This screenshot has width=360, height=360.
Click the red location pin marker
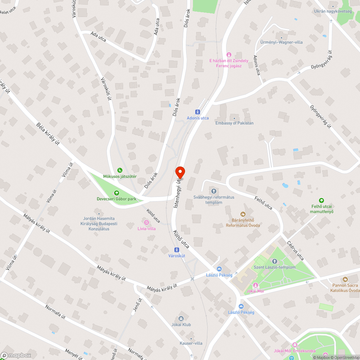(180, 172)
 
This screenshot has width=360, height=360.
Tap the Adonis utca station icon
(198, 112)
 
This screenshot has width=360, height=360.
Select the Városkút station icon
(176, 250)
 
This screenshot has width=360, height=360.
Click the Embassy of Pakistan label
(234, 123)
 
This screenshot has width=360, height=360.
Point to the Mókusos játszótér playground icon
(120, 170)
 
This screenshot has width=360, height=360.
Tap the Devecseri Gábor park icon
(116, 193)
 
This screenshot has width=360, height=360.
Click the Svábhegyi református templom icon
(213, 191)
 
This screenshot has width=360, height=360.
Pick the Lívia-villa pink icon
(147, 222)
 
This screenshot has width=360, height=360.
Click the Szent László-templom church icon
(275, 261)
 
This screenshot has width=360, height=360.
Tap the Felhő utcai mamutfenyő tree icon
(321, 201)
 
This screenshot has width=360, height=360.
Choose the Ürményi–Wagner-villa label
(282, 42)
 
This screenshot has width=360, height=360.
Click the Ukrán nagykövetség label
(333, 11)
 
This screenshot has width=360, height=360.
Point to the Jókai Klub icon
(181, 318)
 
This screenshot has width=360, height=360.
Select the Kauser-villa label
(191, 343)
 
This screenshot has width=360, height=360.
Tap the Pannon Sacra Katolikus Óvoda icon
(345, 279)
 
